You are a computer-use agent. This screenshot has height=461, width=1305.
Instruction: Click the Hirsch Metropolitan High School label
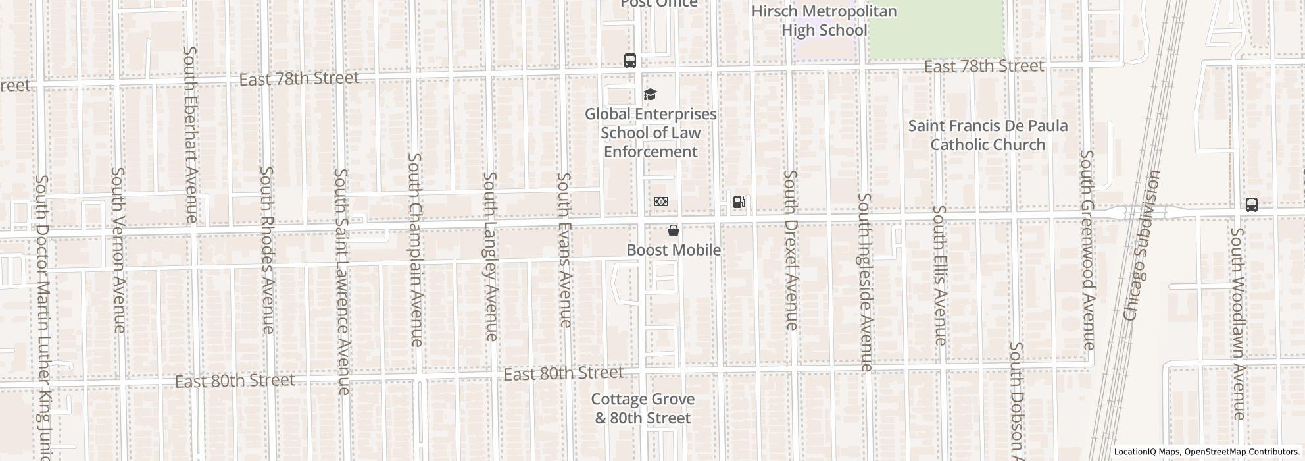(x=824, y=21)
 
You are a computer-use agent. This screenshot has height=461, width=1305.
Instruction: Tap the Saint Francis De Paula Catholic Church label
(x=987, y=135)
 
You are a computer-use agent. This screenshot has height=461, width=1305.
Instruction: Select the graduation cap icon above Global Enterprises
(x=650, y=95)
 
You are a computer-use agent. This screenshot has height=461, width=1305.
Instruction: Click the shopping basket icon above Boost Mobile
(x=674, y=230)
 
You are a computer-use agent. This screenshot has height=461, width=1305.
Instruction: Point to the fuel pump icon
(x=739, y=202)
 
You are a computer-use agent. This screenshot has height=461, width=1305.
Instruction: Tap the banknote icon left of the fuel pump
(x=661, y=202)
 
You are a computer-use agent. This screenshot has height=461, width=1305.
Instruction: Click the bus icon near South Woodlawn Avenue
(x=1251, y=205)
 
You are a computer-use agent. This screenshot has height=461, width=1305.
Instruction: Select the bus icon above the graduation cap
(x=629, y=61)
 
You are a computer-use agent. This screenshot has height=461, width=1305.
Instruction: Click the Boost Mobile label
(x=674, y=250)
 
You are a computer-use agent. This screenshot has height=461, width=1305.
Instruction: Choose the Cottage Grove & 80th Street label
(x=643, y=408)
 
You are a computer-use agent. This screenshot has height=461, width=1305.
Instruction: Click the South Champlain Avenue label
(x=416, y=250)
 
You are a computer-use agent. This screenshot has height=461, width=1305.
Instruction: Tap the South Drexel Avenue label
(x=791, y=250)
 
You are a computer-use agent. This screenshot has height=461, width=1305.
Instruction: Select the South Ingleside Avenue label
(x=865, y=282)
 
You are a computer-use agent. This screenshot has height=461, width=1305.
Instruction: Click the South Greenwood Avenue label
(x=1087, y=250)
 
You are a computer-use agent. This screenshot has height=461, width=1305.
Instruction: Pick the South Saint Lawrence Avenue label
(x=341, y=282)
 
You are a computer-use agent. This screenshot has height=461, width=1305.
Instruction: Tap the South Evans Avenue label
(x=564, y=250)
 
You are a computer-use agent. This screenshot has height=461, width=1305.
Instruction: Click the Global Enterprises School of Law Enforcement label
(x=651, y=133)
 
